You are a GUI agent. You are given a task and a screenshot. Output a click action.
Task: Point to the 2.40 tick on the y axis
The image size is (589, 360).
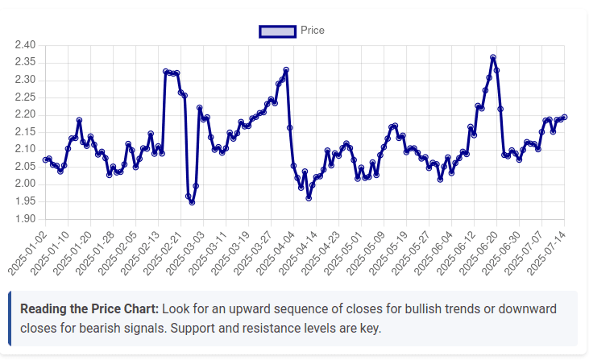click(25, 45)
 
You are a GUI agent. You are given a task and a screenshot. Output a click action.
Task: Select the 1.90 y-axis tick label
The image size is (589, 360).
click(25, 219)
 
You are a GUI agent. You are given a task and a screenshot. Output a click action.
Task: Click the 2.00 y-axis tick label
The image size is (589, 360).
click(25, 184)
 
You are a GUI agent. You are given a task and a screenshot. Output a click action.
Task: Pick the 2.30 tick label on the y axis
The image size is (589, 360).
click(25, 80)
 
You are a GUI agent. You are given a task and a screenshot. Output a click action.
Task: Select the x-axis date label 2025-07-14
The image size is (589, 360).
click(547, 250)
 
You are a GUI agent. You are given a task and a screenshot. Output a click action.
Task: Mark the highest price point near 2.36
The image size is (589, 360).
click(493, 58)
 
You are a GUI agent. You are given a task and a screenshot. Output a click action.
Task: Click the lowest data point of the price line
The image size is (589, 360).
click(192, 202)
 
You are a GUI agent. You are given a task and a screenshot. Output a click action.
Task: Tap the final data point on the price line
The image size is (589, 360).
click(564, 117)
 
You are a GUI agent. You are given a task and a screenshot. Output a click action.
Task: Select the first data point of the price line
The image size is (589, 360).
click(45, 160)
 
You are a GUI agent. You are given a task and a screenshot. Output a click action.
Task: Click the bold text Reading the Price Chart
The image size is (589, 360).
click(89, 309)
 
